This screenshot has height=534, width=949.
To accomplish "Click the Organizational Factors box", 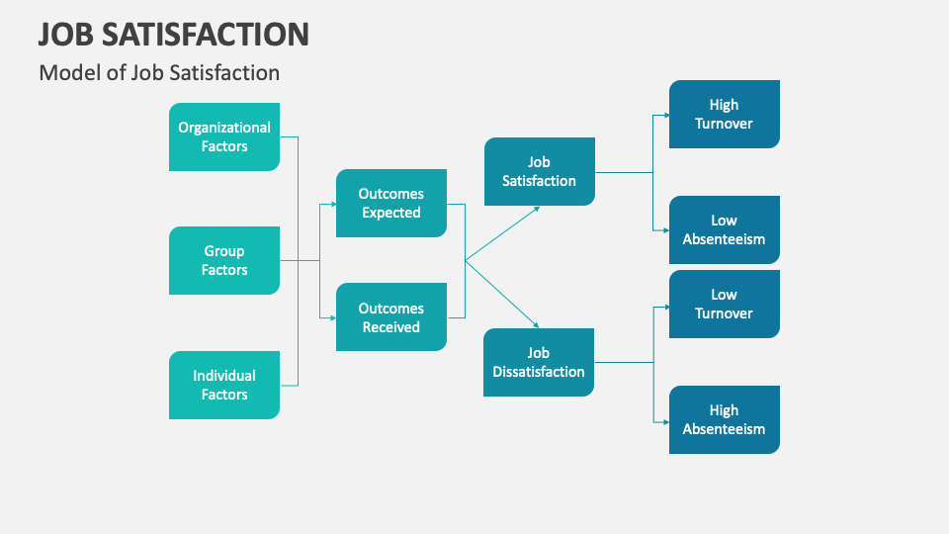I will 224,136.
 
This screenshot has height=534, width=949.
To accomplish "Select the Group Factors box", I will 224,261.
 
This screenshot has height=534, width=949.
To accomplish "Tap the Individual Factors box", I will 224,385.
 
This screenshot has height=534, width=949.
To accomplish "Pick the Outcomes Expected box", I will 390,204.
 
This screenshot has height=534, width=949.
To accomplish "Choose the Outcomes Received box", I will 390,317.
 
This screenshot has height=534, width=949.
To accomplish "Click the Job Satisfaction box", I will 539,171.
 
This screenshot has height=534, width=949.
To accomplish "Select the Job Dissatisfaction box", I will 539,363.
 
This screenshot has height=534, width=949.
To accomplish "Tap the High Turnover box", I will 724,114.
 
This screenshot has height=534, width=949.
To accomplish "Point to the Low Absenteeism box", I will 724,229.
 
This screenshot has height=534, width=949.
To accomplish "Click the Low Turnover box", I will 724,304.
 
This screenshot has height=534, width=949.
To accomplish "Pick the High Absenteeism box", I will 724,419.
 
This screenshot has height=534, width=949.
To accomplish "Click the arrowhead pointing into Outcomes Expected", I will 331,204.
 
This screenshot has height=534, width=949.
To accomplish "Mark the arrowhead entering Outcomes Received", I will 331,317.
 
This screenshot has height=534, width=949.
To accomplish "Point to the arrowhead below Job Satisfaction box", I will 536,209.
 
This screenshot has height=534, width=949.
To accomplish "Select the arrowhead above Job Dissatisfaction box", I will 536,325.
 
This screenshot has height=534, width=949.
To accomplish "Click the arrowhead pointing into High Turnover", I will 664,115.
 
